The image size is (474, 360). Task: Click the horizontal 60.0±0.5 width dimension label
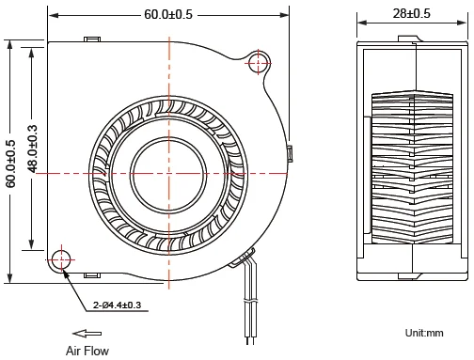click(x=168, y=14)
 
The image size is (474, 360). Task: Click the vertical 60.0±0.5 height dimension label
click(x=10, y=164)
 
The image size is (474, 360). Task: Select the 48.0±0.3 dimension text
click(x=32, y=149)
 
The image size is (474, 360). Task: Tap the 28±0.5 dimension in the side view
click(x=411, y=13)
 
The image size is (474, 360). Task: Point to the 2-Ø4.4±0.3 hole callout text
click(x=117, y=305)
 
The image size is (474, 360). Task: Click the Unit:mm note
click(x=424, y=333)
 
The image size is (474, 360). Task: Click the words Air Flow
click(x=87, y=351)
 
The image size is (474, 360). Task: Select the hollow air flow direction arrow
click(x=87, y=334)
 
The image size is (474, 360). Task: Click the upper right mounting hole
click(x=258, y=63)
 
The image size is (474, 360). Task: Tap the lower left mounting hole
click(x=62, y=260)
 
